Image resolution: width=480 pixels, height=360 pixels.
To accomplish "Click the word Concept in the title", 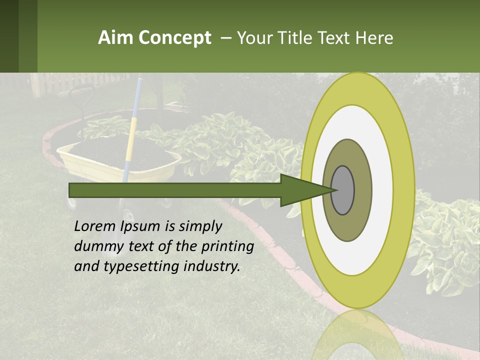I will (175, 38).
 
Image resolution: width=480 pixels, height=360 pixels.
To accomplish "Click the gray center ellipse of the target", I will (342, 190).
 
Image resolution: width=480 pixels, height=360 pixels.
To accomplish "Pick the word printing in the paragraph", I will (227, 247).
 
